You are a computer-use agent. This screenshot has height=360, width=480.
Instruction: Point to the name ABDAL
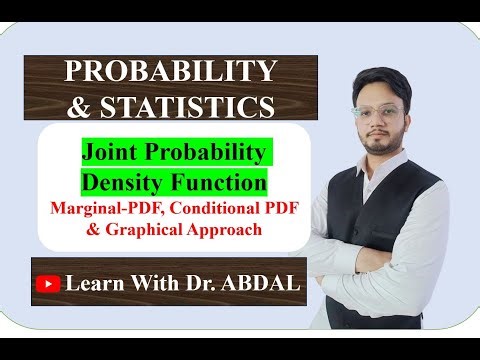[x=261, y=283]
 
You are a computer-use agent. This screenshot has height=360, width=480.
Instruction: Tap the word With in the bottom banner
[x=145, y=283]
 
